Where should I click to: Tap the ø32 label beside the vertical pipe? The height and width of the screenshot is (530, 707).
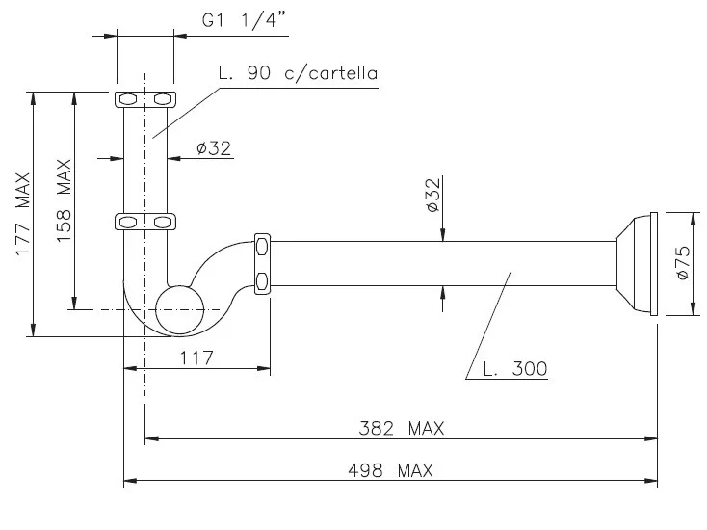point(213,147)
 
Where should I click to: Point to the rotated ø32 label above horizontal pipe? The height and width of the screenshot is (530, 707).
point(432,195)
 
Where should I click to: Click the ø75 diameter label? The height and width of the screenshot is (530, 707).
point(683,262)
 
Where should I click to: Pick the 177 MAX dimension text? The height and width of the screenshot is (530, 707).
point(22,214)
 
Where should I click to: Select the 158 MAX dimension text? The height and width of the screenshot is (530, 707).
point(64,200)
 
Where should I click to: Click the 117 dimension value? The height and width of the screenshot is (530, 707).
point(196,358)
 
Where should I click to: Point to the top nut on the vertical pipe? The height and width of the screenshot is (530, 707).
point(144,99)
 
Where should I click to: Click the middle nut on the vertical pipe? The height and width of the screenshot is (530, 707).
point(144,223)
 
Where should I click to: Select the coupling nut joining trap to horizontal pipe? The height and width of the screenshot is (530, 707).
point(262,262)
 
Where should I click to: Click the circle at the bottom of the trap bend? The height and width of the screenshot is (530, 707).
point(180,309)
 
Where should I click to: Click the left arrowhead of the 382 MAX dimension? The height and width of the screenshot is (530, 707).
point(150,438)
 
